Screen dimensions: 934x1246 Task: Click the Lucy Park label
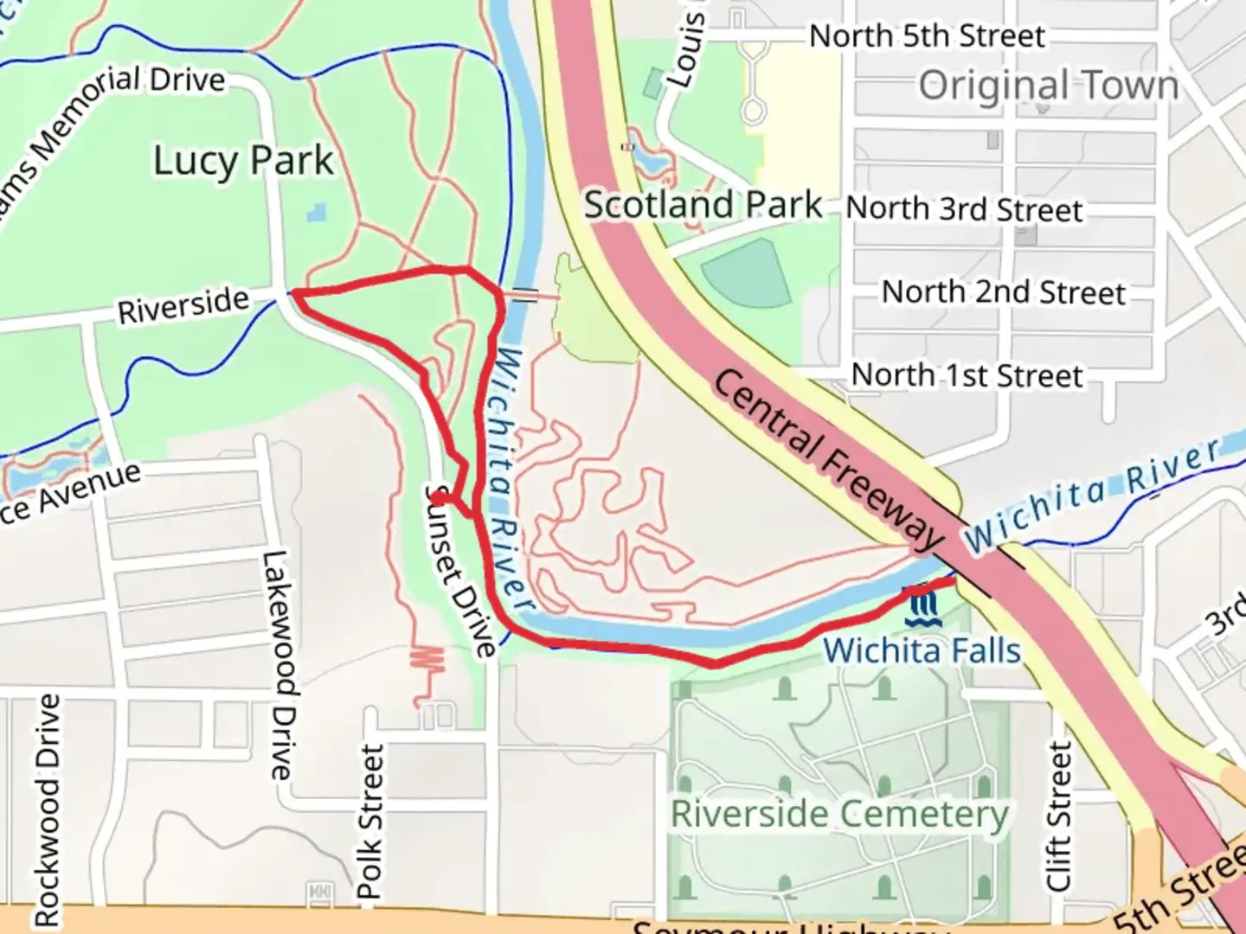click(243, 161)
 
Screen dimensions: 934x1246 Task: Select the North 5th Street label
click(927, 36)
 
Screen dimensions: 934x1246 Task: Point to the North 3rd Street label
click(964, 209)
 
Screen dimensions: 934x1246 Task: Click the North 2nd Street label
click(1004, 292)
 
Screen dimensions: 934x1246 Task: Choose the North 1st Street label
click(967, 375)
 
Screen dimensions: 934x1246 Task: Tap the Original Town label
click(1048, 85)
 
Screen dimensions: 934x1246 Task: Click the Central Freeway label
click(828, 460)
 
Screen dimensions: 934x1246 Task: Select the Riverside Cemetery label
click(839, 814)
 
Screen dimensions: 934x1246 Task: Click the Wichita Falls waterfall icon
click(921, 608)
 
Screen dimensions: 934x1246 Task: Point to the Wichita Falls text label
click(922, 650)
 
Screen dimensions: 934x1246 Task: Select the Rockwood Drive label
click(48, 809)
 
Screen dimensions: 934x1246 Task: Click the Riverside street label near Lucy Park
click(183, 305)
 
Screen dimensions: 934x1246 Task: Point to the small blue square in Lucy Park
click(317, 212)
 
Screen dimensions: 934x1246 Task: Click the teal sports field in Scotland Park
click(747, 272)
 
